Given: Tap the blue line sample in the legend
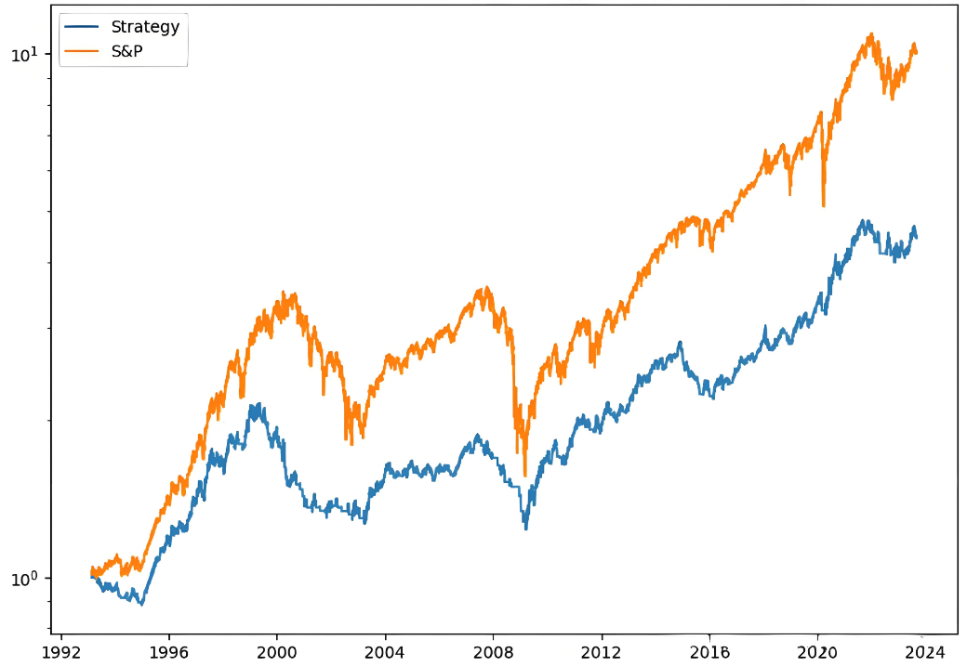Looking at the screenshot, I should [x=82, y=27].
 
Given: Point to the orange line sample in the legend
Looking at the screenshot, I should [x=82, y=52].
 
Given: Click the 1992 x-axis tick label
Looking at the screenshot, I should [x=61, y=650].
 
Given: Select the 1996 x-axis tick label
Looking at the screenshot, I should [x=169, y=650].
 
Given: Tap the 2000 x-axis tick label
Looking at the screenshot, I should [x=277, y=650].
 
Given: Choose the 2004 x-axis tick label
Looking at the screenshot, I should [x=385, y=650].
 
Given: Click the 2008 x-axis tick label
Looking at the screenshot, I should [x=494, y=650].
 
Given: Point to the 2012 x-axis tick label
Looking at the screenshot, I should [x=602, y=650].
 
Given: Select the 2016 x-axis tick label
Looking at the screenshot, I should [x=709, y=650].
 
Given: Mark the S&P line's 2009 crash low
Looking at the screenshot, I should [x=525, y=476].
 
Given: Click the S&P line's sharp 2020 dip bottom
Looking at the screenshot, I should [x=824, y=206].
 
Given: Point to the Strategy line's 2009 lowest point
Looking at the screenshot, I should [x=526, y=529].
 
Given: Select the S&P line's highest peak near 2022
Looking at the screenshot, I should [x=871, y=34].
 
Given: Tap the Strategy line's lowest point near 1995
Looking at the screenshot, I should [x=141, y=605].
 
